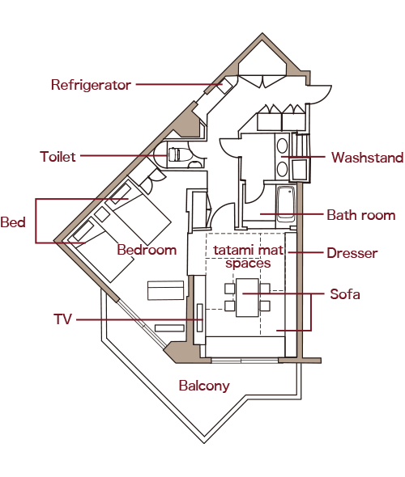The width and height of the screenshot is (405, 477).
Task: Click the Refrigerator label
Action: click(x=91, y=85)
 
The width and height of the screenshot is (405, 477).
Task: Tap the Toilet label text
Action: click(x=58, y=157)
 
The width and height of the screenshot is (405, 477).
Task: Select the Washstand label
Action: click(x=368, y=158)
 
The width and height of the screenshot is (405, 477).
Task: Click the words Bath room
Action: click(x=361, y=215)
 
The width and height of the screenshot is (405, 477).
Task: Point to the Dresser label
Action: click(x=352, y=253)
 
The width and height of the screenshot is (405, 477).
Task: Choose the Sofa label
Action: click(x=345, y=294)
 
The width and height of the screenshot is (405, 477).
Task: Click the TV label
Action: click(x=63, y=319)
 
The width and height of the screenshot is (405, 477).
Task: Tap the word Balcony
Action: click(x=204, y=386)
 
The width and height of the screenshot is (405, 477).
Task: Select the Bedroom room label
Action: click(x=147, y=250)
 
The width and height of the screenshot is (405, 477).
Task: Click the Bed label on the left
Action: click(x=13, y=222)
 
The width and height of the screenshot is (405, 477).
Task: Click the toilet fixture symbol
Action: click(x=180, y=154)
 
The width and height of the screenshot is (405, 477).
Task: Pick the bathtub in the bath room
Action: click(x=286, y=204)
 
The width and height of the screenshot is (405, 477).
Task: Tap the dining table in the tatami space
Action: click(x=247, y=298)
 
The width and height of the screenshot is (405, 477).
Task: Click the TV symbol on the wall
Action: click(x=200, y=318)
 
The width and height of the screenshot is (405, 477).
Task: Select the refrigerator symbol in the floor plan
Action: click(x=225, y=86)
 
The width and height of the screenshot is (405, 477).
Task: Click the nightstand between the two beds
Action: click(x=102, y=214)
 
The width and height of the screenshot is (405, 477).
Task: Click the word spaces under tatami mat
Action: click(x=248, y=264)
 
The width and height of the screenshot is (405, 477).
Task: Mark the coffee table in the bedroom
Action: click(x=166, y=290)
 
